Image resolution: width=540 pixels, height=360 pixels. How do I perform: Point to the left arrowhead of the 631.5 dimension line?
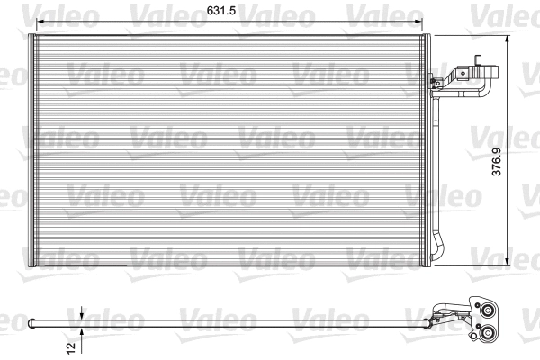point(33,22)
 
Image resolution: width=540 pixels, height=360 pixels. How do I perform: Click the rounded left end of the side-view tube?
point(31,320)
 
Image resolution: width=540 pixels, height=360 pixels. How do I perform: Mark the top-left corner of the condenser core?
point(32,37)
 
